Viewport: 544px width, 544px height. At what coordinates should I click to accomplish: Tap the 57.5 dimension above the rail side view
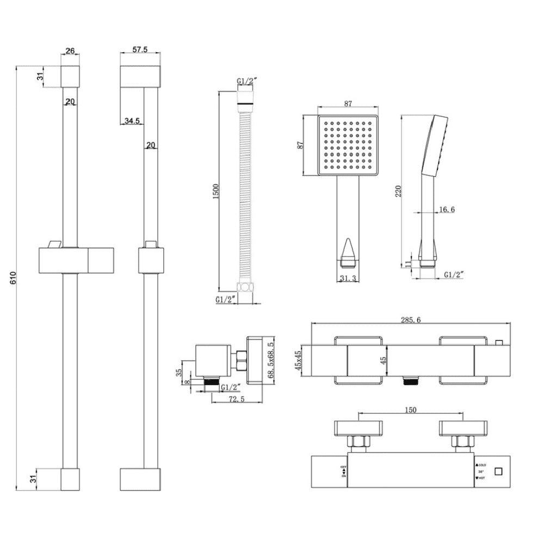(x=141, y=49)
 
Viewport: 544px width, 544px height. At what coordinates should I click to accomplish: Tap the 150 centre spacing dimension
(x=411, y=410)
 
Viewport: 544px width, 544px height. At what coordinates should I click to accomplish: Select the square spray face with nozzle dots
(x=348, y=146)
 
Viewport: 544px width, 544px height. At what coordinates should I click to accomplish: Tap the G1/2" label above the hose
(x=247, y=82)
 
